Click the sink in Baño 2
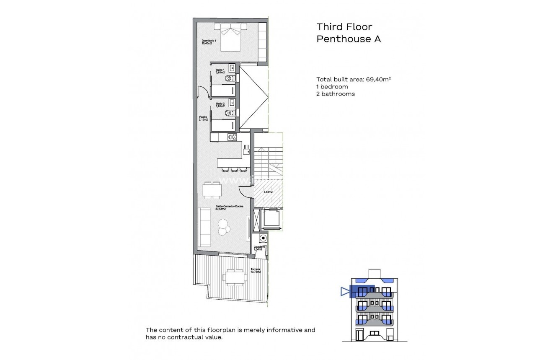(x=232, y=102)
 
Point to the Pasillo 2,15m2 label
(x=204, y=119)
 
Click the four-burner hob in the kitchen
(x=232, y=137)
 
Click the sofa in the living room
(x=204, y=227)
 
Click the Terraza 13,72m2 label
(x=256, y=270)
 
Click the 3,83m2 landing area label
(x=268, y=192)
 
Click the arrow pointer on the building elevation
(x=345, y=291)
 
